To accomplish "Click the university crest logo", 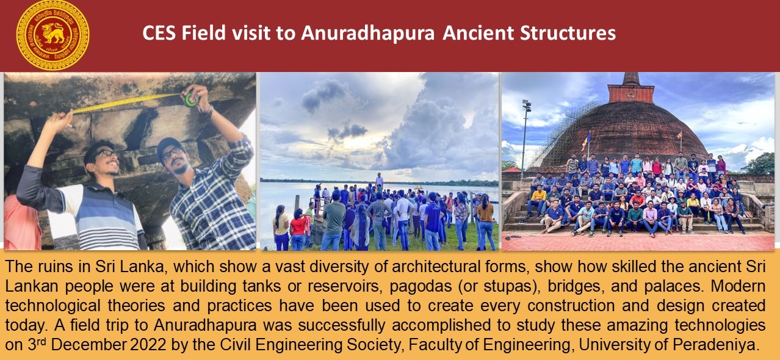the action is [x=52, y=35].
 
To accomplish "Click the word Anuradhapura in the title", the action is [x=368, y=34].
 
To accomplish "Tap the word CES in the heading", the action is [x=159, y=33].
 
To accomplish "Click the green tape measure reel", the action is [x=190, y=99].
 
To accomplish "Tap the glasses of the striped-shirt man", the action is [x=104, y=154].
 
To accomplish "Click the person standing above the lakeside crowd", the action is [x=379, y=181].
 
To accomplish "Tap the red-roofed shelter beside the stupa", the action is [x=512, y=170].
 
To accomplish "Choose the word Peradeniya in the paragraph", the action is [x=716, y=345].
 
